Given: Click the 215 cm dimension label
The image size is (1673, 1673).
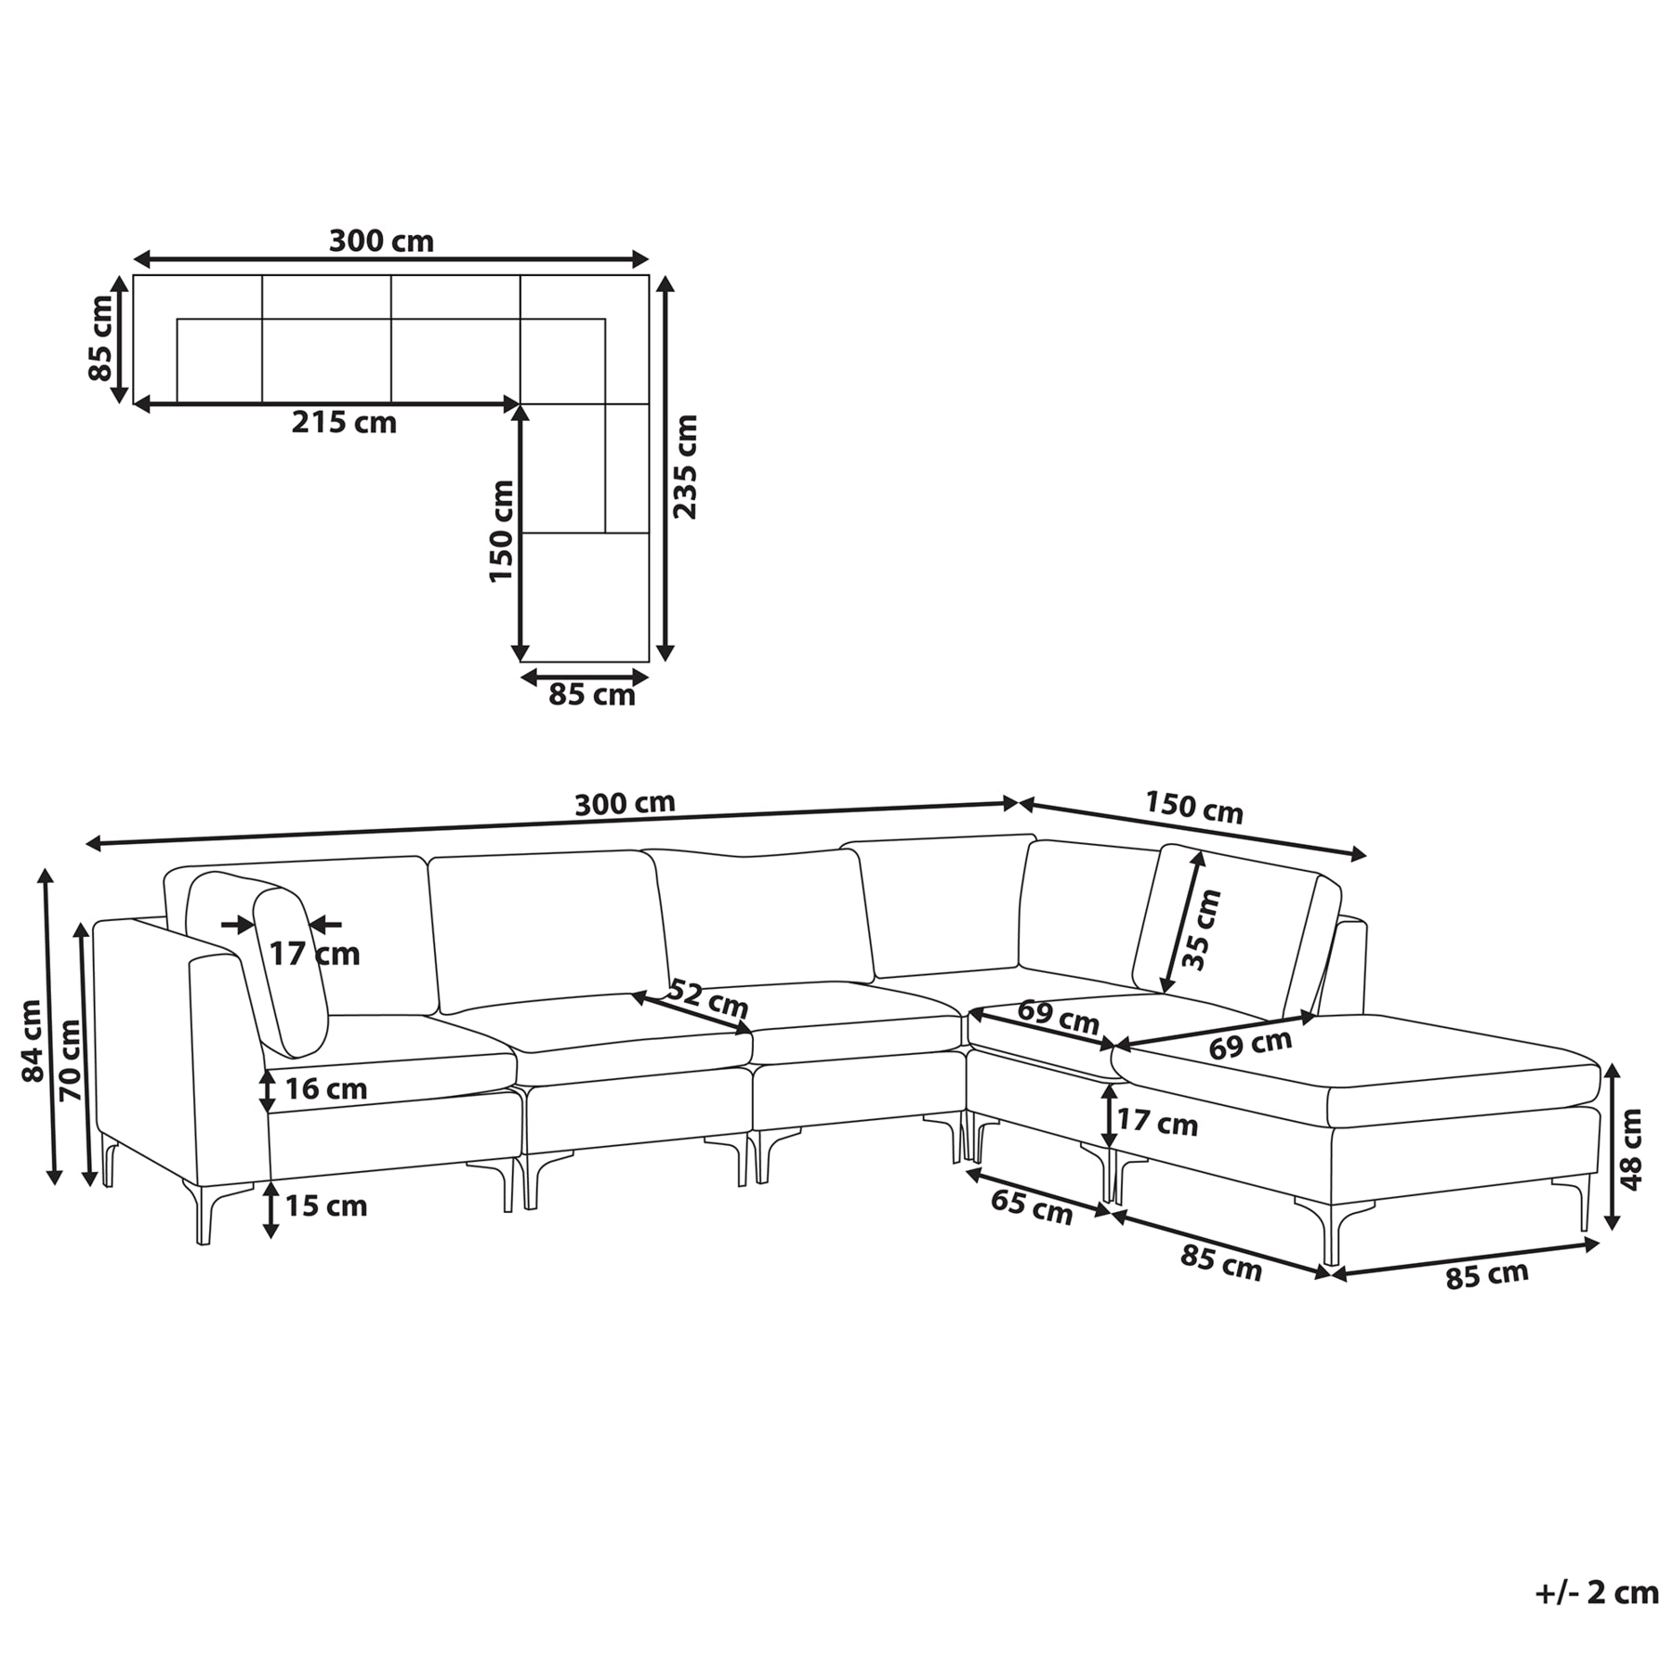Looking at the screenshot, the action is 344,423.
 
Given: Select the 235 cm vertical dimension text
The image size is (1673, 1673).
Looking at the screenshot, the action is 685,467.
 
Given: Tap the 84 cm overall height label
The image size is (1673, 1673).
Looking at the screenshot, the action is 33,1040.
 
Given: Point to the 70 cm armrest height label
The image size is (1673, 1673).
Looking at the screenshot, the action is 70,1060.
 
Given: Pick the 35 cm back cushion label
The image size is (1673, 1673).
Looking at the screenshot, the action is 1204,929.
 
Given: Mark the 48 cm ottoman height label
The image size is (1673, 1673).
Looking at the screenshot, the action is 1630,1150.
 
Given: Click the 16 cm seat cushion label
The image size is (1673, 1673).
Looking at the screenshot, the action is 325,1088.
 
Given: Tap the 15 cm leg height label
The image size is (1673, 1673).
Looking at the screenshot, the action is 325,1206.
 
